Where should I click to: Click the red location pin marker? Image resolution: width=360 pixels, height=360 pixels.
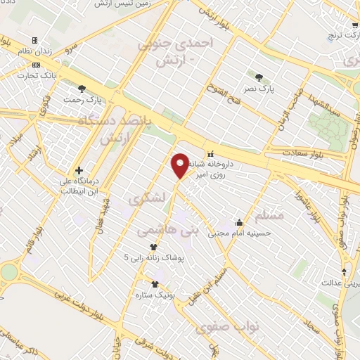(180, 166)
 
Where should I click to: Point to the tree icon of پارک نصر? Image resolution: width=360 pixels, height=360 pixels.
(262, 77)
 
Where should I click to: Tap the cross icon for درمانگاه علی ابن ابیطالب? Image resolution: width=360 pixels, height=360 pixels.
(79, 170)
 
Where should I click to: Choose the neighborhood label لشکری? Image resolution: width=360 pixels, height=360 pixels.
(146, 200)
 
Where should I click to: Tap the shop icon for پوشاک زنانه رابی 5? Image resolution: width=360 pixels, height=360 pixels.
(153, 247)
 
